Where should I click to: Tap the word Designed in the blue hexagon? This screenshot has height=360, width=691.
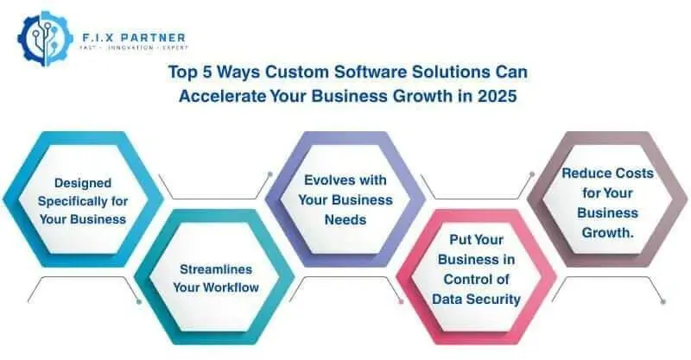coord(83,183)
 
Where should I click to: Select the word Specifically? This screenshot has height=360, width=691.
coord(71,201)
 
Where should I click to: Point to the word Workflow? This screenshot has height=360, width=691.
coord(230,287)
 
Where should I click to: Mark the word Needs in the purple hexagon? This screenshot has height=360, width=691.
coord(345,219)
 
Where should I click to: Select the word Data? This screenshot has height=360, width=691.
coord(447,299)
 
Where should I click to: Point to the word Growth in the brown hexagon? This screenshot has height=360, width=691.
coord(608,231)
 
